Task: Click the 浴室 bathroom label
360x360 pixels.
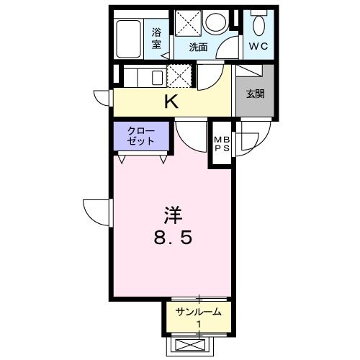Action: [x=157, y=37]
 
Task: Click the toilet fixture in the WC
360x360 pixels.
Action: [x=258, y=24]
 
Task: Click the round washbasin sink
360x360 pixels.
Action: [x=214, y=23]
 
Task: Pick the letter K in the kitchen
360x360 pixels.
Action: [x=171, y=102]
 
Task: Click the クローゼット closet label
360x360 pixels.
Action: [x=140, y=135]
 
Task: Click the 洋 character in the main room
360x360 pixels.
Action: [x=171, y=215]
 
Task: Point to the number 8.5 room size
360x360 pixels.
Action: [x=171, y=238]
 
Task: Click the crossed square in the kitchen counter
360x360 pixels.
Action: [x=178, y=75]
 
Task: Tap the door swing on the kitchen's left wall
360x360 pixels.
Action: [x=102, y=98]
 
